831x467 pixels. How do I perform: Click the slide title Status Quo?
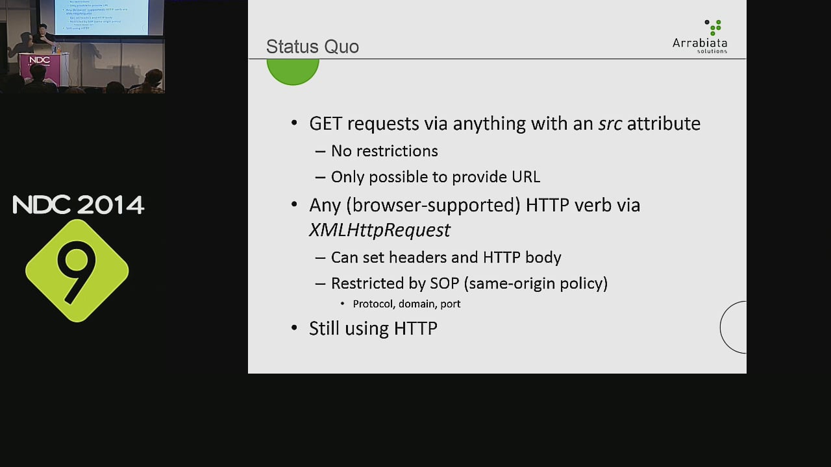point(312,47)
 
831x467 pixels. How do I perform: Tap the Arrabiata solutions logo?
point(700,37)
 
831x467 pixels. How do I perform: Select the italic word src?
point(610,123)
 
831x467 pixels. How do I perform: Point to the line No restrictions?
point(384,151)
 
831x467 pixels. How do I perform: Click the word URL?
point(526,177)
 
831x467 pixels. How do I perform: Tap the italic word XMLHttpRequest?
point(379,230)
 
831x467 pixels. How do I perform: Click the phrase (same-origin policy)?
point(536,283)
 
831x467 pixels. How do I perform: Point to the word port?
point(451,304)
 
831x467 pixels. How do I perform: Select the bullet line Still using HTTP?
point(373,328)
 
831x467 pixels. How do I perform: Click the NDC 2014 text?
point(78,205)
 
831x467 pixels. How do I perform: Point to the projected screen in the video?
point(101,16)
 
